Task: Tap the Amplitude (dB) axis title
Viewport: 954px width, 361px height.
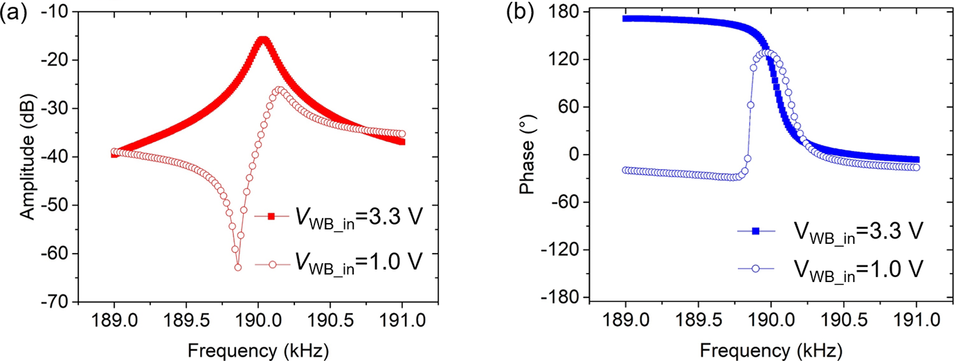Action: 28,157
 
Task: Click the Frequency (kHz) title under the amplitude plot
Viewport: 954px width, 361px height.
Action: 258,347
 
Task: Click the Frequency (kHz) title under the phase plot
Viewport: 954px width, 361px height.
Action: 771,347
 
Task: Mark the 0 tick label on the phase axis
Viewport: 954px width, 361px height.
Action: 573,155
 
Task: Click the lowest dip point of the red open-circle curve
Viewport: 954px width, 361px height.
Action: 237,267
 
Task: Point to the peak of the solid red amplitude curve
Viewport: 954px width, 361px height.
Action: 262,39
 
